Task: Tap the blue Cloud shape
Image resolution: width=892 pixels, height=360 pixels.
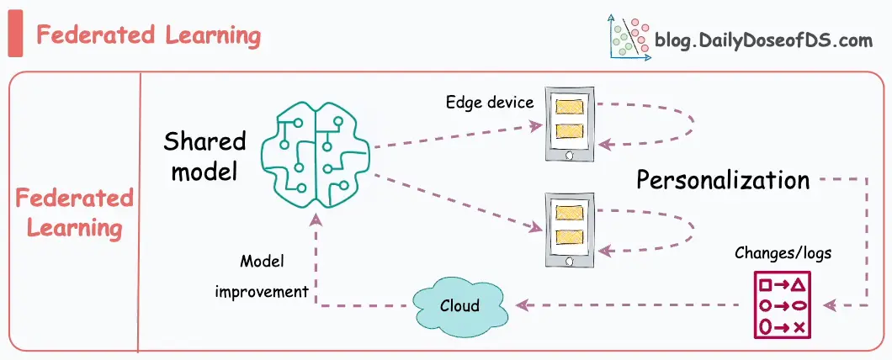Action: coord(459,306)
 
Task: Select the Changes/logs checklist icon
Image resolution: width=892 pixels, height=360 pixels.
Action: coord(782,304)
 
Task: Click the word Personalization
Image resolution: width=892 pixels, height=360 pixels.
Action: coord(723,180)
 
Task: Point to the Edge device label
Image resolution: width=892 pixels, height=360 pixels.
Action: coord(490,103)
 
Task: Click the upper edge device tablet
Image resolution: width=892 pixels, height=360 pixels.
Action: coord(570,124)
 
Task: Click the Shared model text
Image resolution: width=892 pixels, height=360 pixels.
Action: coord(204,156)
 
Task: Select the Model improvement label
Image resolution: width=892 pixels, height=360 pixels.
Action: coord(263,277)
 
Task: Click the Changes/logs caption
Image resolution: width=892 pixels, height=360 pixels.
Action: coord(783,252)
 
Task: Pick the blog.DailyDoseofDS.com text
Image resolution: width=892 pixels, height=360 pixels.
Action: coord(763,40)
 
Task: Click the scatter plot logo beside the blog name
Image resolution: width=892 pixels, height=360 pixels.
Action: coord(629,37)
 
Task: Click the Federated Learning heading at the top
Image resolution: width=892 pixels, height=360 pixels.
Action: coord(148,35)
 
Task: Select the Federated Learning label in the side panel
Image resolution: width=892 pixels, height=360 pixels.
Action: coord(74,214)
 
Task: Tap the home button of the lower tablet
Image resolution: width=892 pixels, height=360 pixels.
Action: coord(569,262)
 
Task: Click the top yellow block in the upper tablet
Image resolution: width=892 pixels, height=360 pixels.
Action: coord(570,107)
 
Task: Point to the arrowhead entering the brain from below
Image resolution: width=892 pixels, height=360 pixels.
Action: coord(316,219)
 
